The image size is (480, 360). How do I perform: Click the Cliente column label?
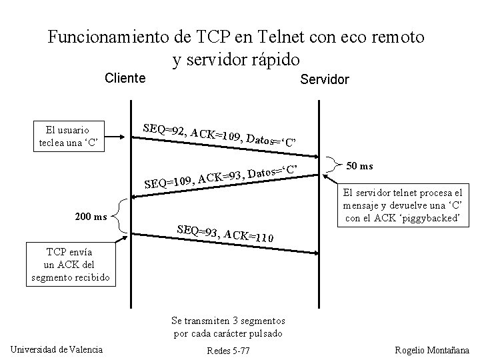(125, 79)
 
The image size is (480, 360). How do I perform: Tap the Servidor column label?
(324, 80)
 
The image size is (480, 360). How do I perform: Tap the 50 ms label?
(361, 165)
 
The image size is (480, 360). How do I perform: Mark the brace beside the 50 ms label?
(333, 167)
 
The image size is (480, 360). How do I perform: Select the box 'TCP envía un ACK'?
(70, 265)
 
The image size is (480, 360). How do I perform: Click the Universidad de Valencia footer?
(57, 349)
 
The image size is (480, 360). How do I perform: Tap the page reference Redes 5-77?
(229, 351)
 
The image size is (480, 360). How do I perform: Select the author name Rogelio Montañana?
(431, 350)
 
